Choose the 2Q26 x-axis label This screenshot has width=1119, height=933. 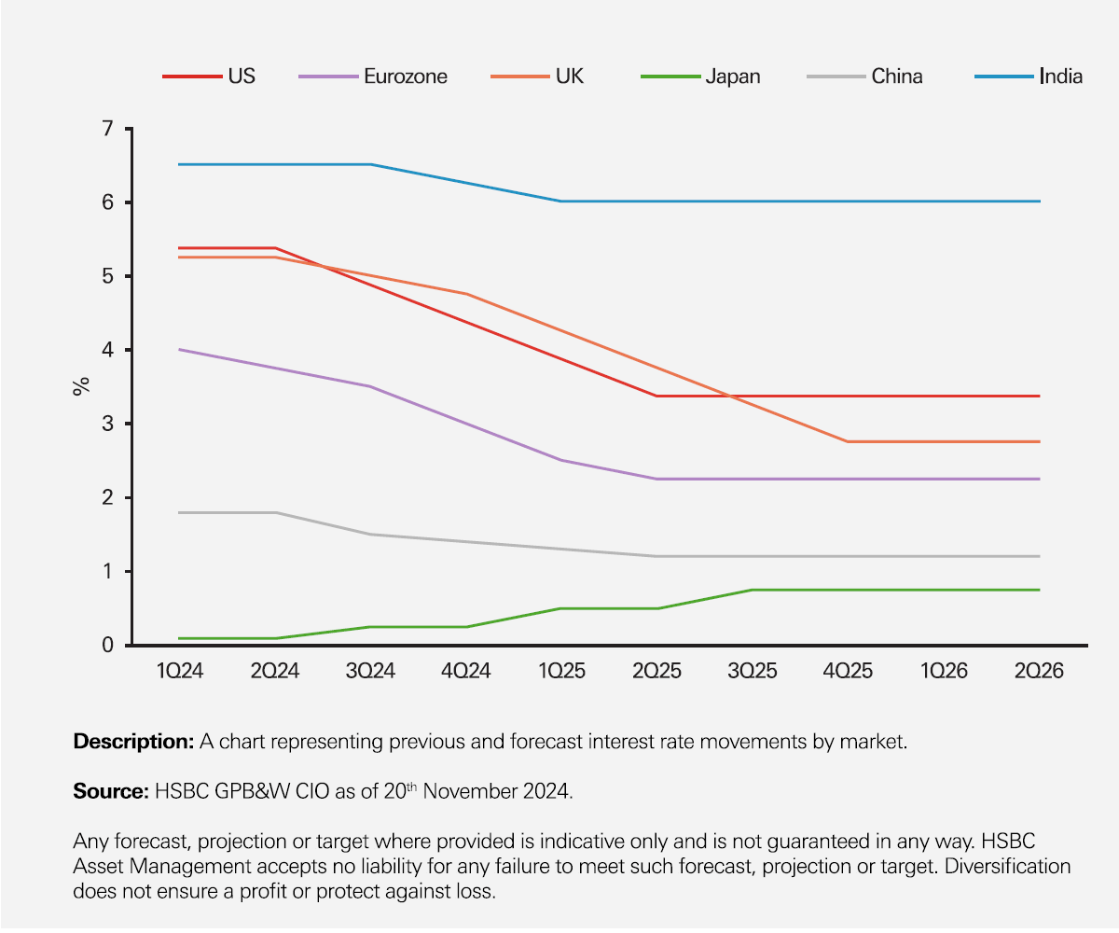pyautogui.click(x=1039, y=672)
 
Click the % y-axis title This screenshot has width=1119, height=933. pyautogui.click(x=81, y=386)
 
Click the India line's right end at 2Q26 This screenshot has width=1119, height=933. pyautogui.click(x=1040, y=202)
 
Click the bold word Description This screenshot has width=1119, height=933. pyautogui.click(x=132, y=743)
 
